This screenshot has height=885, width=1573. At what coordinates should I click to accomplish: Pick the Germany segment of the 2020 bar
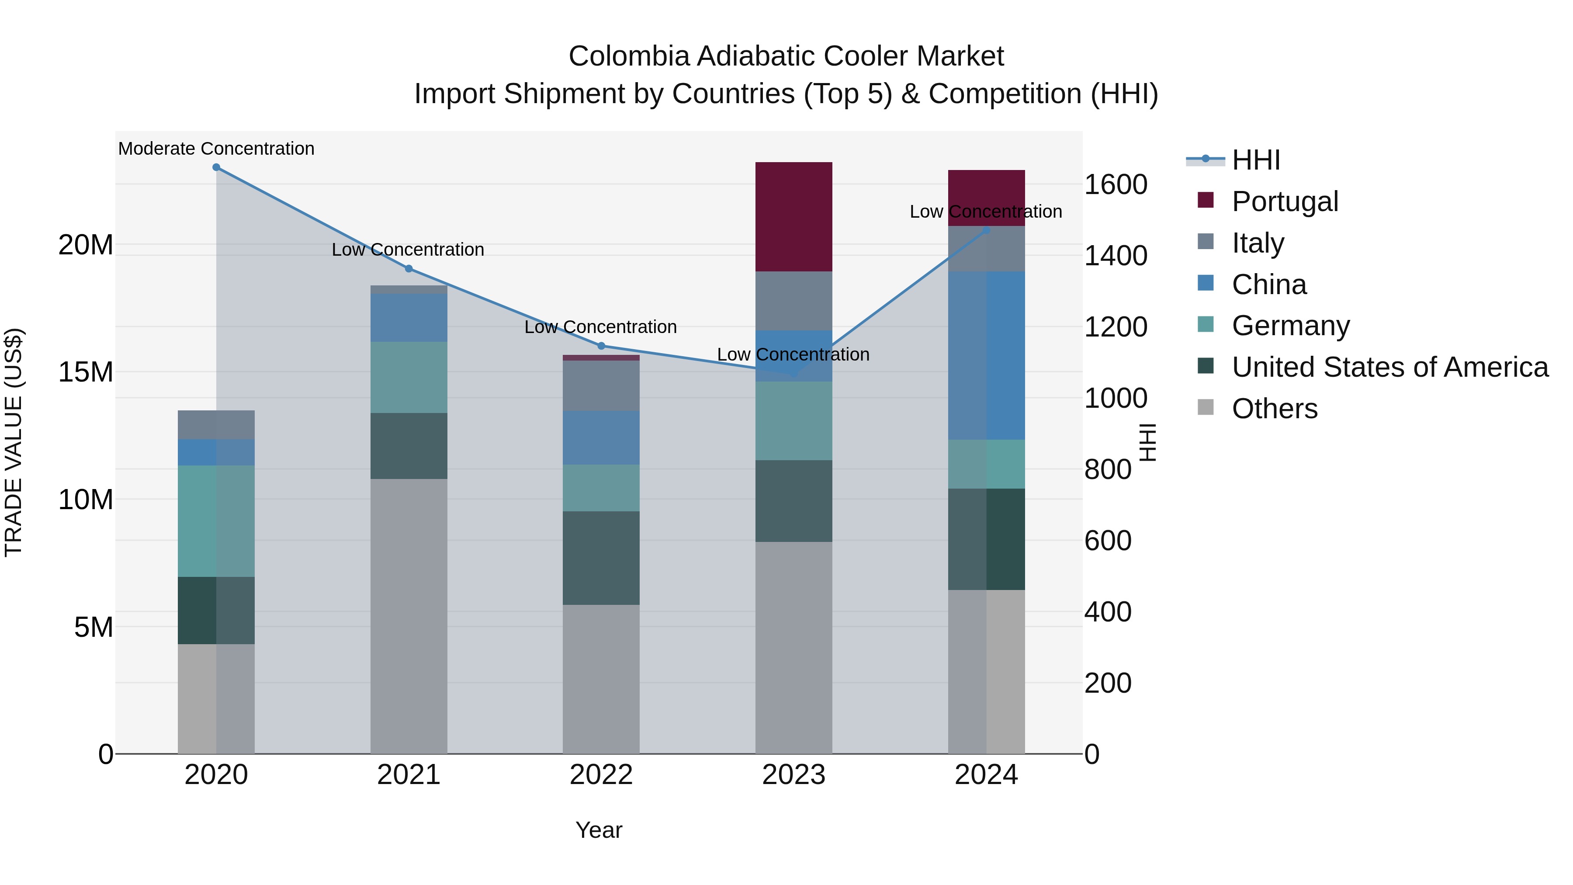216,521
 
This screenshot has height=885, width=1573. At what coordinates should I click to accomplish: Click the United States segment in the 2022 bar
601,558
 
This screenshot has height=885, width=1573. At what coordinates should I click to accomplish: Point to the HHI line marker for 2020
216,167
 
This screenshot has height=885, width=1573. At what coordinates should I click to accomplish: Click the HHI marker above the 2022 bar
601,346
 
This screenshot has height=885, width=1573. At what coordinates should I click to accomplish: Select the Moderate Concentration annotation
216,149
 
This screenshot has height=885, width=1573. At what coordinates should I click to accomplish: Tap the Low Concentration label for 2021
408,250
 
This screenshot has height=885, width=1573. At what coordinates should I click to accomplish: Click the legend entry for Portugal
1284,201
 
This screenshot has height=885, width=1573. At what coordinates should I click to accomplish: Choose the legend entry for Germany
1290,326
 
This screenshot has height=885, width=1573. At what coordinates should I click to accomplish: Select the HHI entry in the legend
1255,160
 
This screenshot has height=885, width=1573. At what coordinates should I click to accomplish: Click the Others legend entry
1275,409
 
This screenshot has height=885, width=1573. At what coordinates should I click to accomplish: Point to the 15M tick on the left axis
86,372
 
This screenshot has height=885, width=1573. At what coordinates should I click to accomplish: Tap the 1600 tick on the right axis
1116,184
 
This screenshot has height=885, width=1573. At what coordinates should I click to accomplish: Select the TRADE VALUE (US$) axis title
14,442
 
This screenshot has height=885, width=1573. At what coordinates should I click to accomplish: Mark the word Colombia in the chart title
628,57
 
